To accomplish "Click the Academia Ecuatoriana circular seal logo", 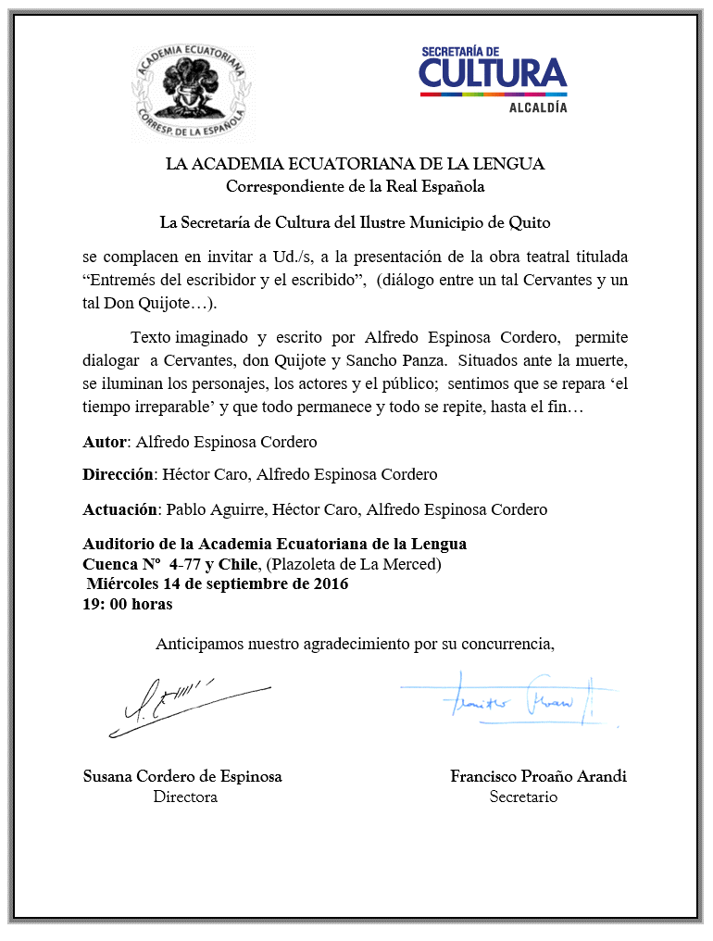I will coord(192,88).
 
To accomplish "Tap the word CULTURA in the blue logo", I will coord(493,74).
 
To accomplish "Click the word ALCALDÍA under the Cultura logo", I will coord(537,107).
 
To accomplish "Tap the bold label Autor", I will coord(104,442).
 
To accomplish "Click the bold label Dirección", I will coord(118,475).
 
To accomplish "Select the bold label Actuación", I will coord(120,509).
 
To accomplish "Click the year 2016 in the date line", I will coord(331,584).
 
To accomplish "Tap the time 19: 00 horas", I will coord(128,604).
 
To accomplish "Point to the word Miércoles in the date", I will coord(124,584).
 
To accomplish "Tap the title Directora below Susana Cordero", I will coord(185,797).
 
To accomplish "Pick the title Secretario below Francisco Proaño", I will coord(523,797).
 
